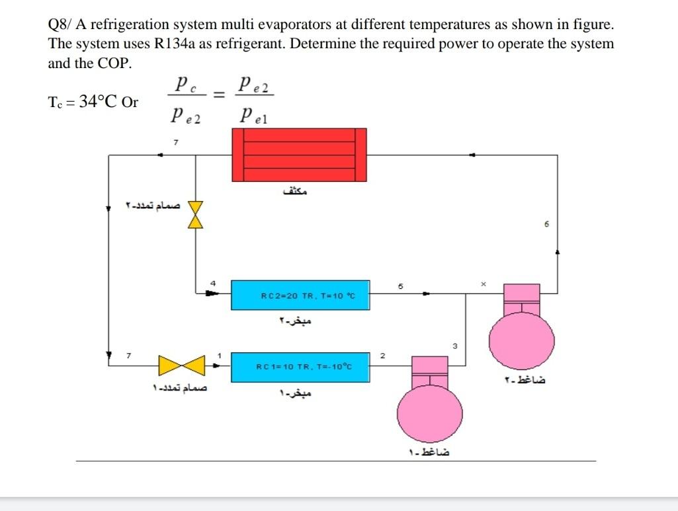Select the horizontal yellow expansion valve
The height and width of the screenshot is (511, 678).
[182, 365]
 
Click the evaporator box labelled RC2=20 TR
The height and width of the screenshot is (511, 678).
[300, 295]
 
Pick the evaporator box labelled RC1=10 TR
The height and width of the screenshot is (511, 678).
[300, 367]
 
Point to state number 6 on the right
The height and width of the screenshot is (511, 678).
[547, 225]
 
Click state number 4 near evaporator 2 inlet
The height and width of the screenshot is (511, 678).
[213, 283]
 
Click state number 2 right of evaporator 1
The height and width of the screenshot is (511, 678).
[382, 357]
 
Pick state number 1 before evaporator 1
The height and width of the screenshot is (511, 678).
[219, 357]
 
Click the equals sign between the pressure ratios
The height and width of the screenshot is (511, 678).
[220, 97]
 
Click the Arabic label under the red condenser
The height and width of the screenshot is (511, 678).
[296, 192]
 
